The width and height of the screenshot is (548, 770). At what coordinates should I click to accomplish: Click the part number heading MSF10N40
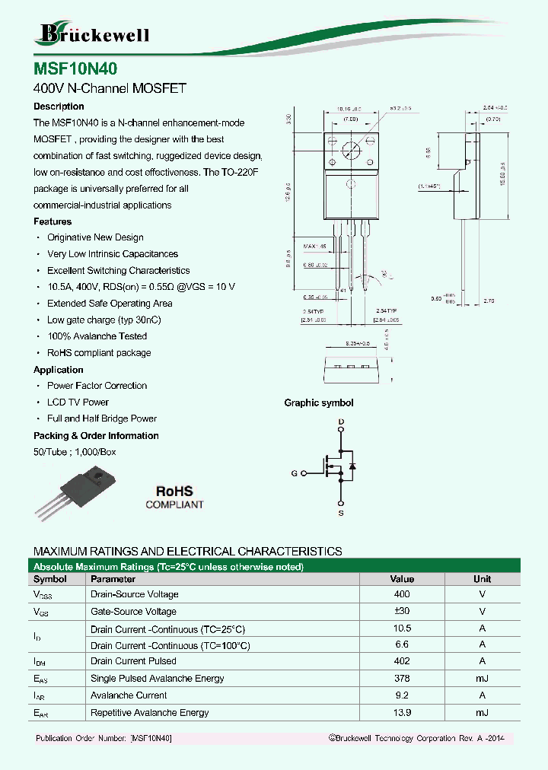(x=75, y=68)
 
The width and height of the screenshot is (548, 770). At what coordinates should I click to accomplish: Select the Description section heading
(x=59, y=107)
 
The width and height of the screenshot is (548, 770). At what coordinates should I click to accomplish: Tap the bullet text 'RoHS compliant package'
(x=99, y=353)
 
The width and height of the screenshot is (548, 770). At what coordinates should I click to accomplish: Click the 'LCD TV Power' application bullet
(x=78, y=402)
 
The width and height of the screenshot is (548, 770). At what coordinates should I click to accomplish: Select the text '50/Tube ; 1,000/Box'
(x=75, y=452)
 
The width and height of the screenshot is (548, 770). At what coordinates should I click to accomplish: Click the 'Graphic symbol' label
(x=318, y=403)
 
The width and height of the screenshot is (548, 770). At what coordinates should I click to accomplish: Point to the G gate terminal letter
(x=294, y=473)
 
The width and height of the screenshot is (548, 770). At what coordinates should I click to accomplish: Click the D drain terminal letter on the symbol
(x=341, y=422)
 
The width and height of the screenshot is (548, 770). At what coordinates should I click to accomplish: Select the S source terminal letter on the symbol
(x=341, y=514)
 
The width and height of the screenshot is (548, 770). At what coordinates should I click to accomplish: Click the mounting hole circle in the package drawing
(x=350, y=150)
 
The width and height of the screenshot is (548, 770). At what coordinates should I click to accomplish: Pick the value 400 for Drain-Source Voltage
(x=402, y=594)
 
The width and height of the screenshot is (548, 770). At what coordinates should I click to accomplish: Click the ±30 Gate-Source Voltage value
(x=402, y=612)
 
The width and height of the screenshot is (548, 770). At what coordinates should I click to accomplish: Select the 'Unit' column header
(x=482, y=579)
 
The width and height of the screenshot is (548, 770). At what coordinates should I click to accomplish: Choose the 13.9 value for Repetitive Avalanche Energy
(x=402, y=713)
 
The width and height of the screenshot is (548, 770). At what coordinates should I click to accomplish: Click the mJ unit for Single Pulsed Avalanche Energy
(x=482, y=679)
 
